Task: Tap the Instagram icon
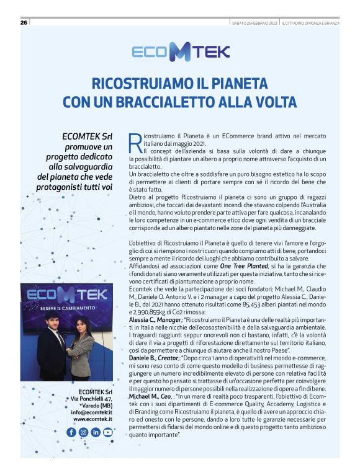pos(83,432)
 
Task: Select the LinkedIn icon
pos(95,432)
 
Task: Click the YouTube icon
pos(108,432)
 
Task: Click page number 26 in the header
pos(24,23)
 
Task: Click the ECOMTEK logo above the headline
pos(179,52)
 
